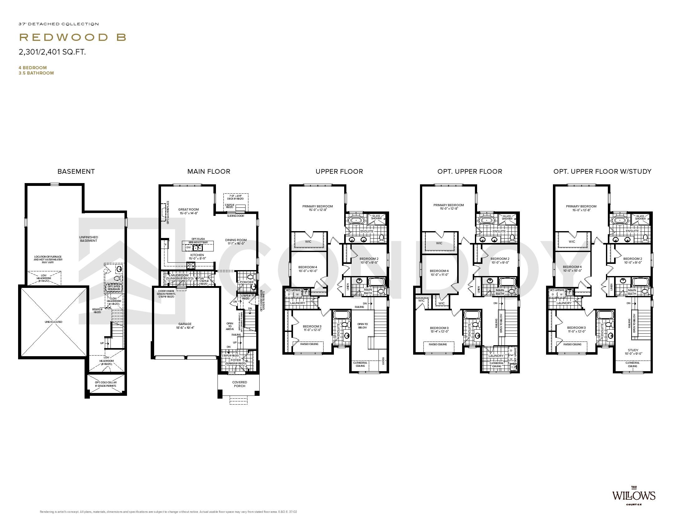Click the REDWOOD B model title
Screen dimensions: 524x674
point(73,37)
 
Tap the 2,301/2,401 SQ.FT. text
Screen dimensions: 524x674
point(52,52)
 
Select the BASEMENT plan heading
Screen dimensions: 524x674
point(76,172)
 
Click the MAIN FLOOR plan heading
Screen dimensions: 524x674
point(209,172)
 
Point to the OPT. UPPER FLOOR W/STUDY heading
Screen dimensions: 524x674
point(602,172)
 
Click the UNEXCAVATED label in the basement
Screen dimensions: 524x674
point(53,322)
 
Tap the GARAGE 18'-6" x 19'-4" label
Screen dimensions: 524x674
point(185,326)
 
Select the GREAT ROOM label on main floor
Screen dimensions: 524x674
point(188,211)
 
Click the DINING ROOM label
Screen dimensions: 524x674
point(236,242)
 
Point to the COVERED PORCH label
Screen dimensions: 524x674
point(240,384)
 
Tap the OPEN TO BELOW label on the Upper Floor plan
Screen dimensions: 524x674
point(362,326)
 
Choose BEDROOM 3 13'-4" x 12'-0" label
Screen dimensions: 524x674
point(439,330)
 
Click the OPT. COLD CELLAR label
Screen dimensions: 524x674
point(106,384)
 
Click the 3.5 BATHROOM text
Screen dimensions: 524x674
point(36,73)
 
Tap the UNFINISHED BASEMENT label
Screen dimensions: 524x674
point(89,239)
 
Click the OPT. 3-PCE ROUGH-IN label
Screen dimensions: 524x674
point(114,287)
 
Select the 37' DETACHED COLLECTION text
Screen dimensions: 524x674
point(59,24)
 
